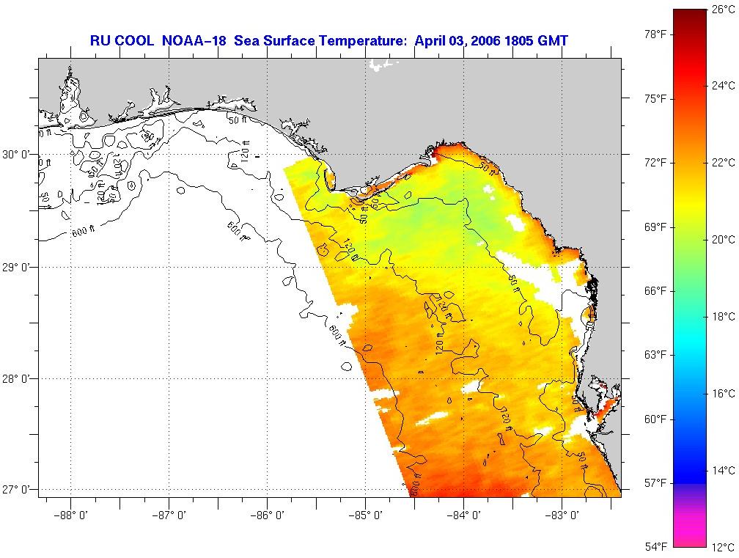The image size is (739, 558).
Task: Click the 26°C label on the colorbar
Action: (x=722, y=10)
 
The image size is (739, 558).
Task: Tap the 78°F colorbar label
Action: (x=656, y=34)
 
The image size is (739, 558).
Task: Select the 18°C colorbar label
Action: (x=722, y=317)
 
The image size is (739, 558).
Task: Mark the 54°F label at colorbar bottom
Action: (x=656, y=546)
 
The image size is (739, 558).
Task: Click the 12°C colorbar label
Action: (x=722, y=547)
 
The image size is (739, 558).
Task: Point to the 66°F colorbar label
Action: (x=656, y=291)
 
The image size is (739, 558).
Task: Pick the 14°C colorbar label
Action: (x=722, y=471)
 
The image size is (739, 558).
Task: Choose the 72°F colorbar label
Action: (x=656, y=162)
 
